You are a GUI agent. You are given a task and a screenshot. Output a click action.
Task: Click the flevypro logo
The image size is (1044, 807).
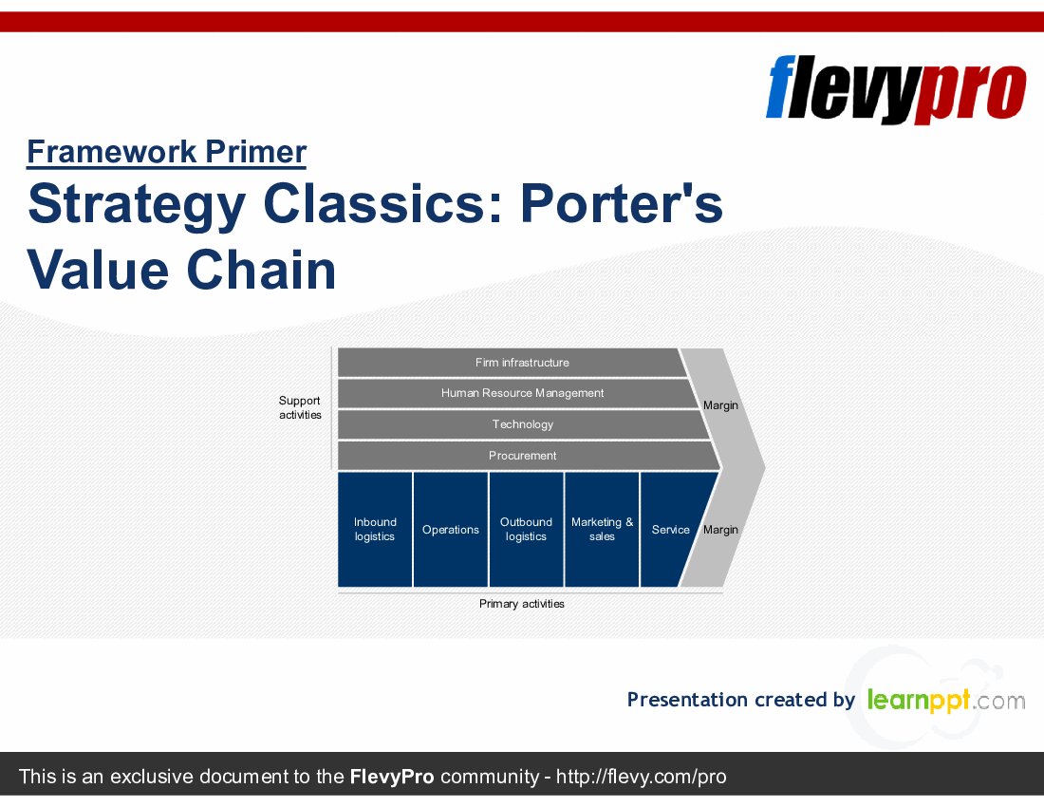[895, 88]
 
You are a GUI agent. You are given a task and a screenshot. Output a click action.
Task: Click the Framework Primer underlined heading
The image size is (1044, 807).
[166, 152]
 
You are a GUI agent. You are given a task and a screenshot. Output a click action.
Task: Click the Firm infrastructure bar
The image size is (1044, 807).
[522, 363]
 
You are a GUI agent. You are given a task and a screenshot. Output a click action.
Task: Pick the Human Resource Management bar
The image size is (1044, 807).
[522, 393]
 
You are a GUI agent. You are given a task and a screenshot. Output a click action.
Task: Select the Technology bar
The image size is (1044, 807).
[522, 424]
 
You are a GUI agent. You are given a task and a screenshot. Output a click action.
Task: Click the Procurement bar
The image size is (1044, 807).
[522, 456]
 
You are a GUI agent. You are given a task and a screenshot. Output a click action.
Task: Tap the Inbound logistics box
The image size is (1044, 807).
[375, 529]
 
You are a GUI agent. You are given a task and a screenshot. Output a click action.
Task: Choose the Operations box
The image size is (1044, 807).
[451, 529]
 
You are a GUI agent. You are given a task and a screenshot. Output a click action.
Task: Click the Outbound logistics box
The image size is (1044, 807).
[526, 529]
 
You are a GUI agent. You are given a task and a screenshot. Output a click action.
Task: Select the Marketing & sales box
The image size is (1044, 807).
[602, 529]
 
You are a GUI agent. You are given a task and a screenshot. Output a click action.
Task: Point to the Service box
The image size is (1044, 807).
[670, 529]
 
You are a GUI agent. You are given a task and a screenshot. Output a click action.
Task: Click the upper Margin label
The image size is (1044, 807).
[720, 405]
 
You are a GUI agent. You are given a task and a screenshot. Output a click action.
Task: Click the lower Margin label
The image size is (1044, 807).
[720, 530]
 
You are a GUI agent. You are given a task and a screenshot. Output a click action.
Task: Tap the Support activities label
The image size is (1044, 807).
[300, 407]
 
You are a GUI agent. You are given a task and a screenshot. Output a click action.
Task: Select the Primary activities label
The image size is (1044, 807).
[521, 604]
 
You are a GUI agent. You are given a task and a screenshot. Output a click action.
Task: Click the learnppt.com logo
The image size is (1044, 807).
[945, 701]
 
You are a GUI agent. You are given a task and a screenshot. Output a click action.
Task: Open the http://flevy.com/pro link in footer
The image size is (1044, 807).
[641, 777]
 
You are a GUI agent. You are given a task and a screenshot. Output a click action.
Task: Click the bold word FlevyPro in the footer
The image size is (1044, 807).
[392, 777]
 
